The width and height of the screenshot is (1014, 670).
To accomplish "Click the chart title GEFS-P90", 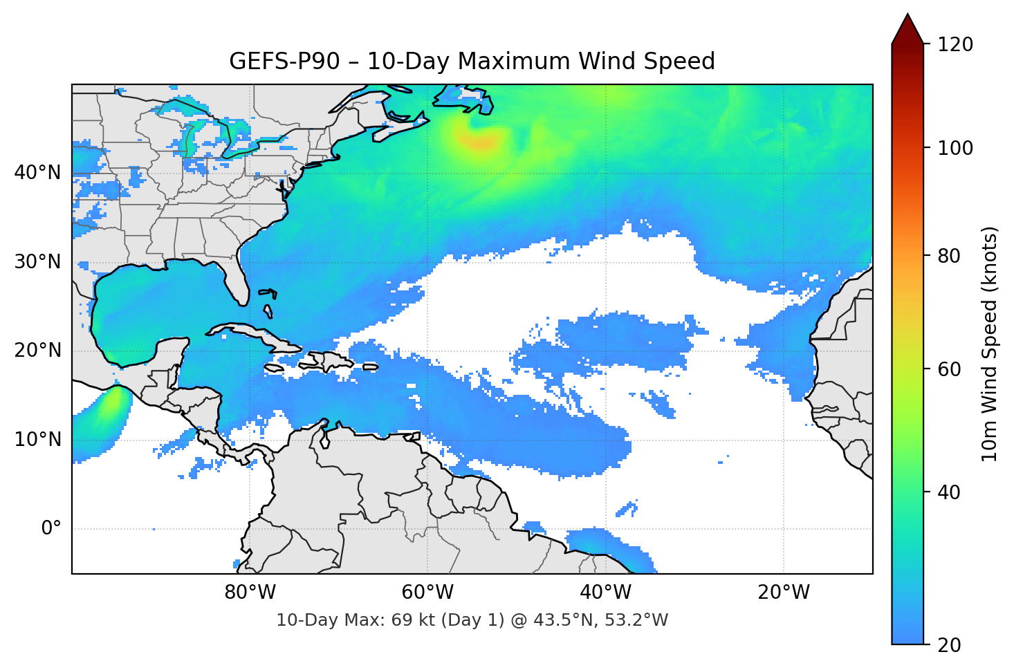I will click(x=472, y=62).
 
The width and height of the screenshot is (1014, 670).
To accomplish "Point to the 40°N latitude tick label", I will click(x=37, y=173).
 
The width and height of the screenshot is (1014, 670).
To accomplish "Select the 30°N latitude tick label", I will click(x=37, y=262).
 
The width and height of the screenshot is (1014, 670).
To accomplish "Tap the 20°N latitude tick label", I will click(x=37, y=351).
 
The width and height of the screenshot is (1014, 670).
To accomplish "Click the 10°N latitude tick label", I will click(x=37, y=440).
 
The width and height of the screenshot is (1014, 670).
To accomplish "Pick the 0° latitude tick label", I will click(x=50, y=529).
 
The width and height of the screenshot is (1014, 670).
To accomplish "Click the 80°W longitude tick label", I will click(x=250, y=593).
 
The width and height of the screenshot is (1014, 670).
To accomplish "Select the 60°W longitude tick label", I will click(x=427, y=593).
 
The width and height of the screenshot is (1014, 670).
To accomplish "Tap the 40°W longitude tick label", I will click(x=605, y=593).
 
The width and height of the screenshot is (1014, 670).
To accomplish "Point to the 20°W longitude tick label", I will click(x=783, y=593).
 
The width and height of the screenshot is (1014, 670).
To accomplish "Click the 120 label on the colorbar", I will click(x=955, y=45).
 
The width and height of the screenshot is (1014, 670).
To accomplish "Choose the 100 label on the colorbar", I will click(x=955, y=148).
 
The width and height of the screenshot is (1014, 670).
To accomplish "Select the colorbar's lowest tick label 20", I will click(x=949, y=645).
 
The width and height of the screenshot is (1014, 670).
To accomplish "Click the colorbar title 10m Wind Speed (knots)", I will click(x=990, y=344).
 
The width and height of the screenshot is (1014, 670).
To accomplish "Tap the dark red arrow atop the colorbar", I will click(x=907, y=30).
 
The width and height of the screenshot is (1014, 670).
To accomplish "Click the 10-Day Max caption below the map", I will click(x=472, y=620).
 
